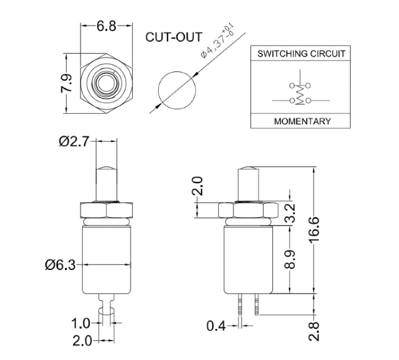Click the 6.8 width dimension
coord(108,26)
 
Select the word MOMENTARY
coord(302,121)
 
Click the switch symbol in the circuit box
coord(300,93)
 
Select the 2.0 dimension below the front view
coord(82,340)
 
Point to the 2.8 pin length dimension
coord(315,329)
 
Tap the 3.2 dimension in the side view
coord(290,212)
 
